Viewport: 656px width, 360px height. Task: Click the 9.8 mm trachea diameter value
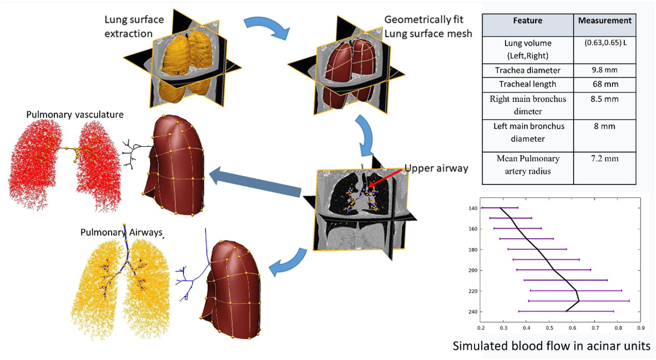pos(608,70)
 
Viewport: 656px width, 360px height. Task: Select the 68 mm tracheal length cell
pos(608,84)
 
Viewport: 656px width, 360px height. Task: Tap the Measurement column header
pos(608,20)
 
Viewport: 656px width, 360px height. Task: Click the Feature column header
pos(528,21)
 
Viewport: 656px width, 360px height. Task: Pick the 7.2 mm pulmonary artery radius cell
pos(608,159)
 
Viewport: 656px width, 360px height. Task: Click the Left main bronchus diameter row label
pos(528,133)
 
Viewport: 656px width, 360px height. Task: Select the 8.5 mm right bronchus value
pos(608,98)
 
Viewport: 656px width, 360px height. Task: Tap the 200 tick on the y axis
pos(472,270)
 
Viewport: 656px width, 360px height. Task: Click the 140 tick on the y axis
pos(472,208)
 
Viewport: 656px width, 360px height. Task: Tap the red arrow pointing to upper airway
pos(385,177)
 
